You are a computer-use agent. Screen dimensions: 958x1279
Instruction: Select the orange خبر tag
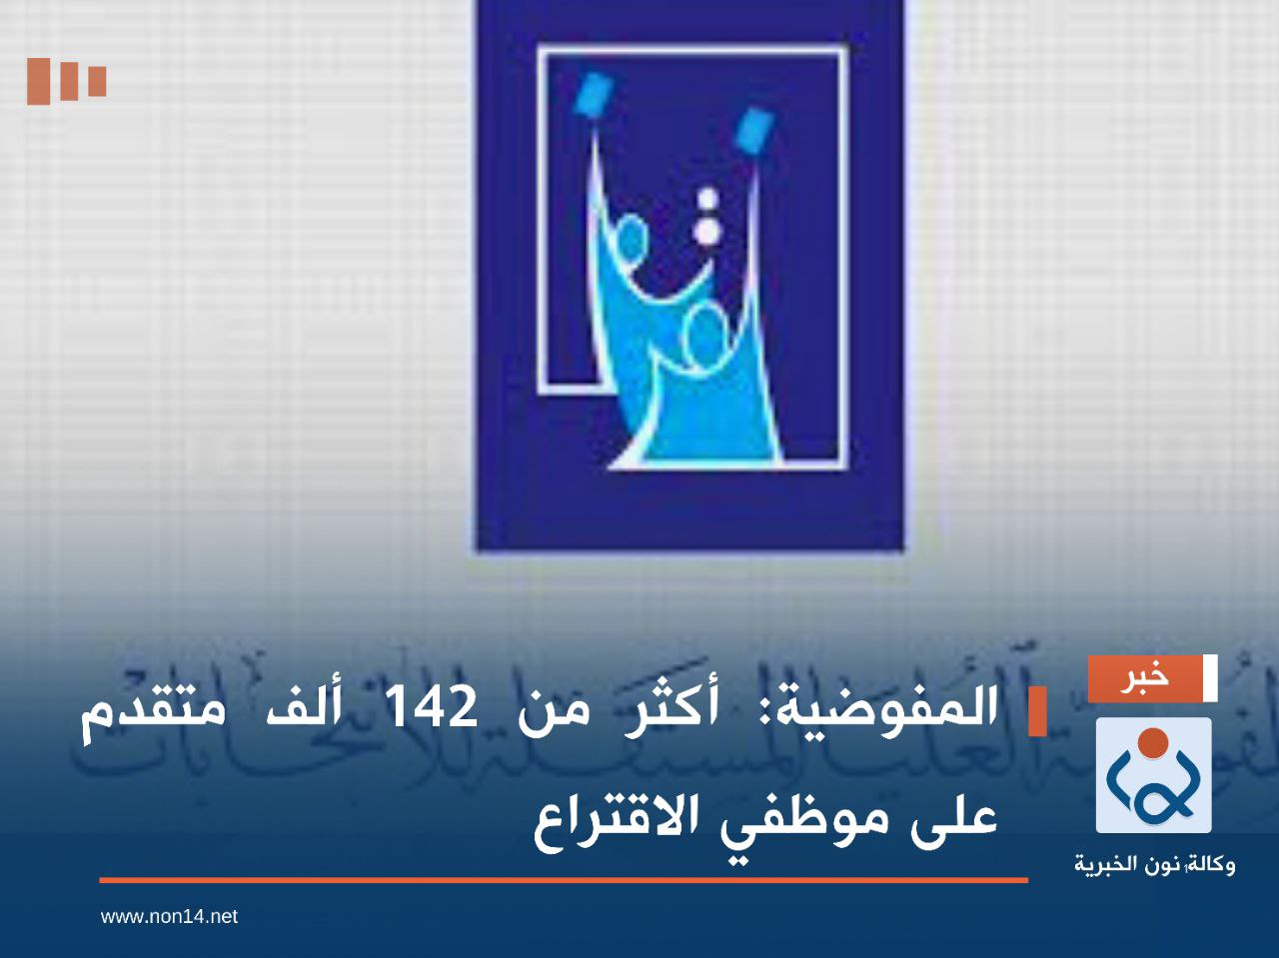pyautogui.click(x=1145, y=678)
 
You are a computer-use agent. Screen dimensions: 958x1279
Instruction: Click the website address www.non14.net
pyautogui.click(x=169, y=915)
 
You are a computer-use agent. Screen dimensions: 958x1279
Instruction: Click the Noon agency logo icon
pyautogui.click(x=1153, y=775)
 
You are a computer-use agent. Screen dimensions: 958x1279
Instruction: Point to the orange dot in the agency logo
pyautogui.click(x=1153, y=741)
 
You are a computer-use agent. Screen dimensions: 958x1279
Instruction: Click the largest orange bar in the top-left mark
pyautogui.click(x=38, y=81)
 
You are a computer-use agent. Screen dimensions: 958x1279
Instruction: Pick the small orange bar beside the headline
pyautogui.click(x=1037, y=711)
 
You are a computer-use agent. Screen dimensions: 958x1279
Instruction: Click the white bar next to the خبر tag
pyautogui.click(x=1211, y=678)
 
